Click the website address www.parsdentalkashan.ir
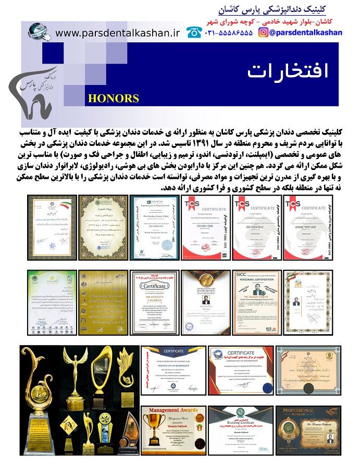117,33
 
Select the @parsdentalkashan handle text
306,32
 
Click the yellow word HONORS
113,99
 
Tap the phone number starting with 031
229,32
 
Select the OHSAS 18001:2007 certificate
311,227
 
